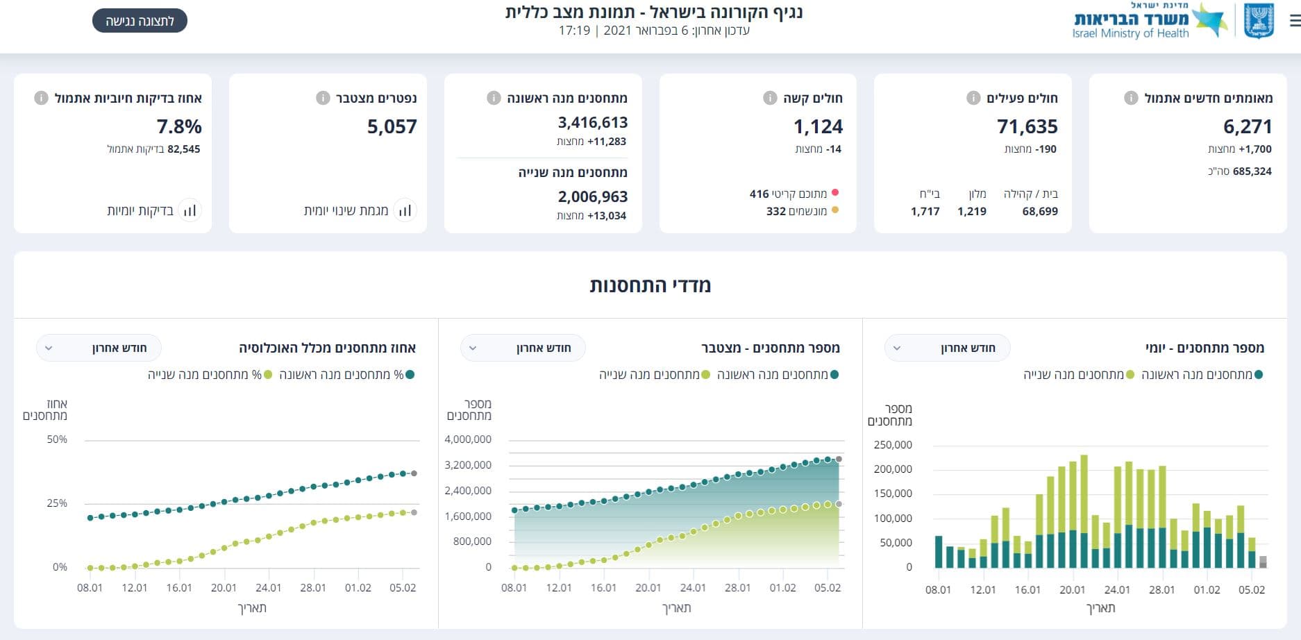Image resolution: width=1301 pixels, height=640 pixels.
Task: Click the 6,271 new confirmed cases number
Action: (x=1248, y=126)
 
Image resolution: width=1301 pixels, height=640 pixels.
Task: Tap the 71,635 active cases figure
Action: (x=1027, y=126)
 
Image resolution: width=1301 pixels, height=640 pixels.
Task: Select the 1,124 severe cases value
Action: (x=819, y=126)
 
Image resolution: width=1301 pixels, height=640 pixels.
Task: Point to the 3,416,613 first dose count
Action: (x=593, y=122)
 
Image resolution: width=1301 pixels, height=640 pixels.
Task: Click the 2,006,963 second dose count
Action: (x=593, y=196)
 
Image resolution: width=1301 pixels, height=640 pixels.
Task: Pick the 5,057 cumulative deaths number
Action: (x=392, y=126)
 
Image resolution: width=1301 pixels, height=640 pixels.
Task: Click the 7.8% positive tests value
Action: (x=179, y=126)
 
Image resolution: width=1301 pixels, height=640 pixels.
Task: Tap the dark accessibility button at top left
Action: (x=140, y=21)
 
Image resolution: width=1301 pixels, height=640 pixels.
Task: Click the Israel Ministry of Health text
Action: (x=1130, y=33)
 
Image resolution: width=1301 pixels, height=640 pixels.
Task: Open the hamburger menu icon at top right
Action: (x=1295, y=21)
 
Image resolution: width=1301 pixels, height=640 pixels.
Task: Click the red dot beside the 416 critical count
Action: (x=835, y=193)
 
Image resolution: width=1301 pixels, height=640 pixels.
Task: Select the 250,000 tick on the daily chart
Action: (x=893, y=445)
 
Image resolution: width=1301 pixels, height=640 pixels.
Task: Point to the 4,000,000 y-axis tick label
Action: (x=468, y=439)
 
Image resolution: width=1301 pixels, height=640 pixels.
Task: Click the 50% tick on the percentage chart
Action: (x=57, y=439)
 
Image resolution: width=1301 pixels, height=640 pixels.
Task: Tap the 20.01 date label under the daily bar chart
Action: (x=1072, y=590)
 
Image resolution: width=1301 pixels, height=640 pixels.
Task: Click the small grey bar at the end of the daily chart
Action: (x=1263, y=562)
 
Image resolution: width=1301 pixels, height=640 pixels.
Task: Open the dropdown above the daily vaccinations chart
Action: (x=947, y=348)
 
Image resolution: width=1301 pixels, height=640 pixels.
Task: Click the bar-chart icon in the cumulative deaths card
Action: (x=405, y=210)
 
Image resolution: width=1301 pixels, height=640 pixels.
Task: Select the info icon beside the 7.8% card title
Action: (x=41, y=98)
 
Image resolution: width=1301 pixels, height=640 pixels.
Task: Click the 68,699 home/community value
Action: (x=1040, y=211)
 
